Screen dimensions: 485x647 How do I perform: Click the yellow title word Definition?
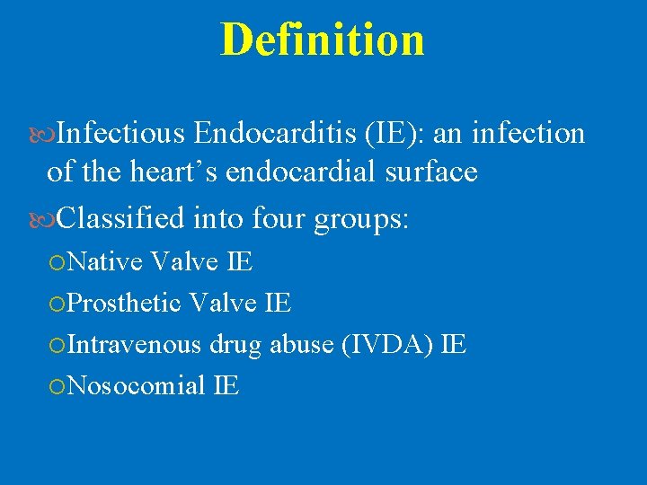click(x=323, y=40)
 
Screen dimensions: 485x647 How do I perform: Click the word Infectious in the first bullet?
click(x=121, y=134)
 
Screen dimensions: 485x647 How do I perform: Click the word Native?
click(x=105, y=262)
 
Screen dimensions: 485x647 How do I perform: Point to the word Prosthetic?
click(x=125, y=304)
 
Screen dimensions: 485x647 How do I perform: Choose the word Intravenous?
click(x=135, y=344)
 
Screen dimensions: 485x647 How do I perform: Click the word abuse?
click(x=300, y=344)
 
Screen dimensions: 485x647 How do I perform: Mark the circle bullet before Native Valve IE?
click(x=58, y=263)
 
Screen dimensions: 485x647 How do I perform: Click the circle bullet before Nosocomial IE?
click(x=58, y=386)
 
